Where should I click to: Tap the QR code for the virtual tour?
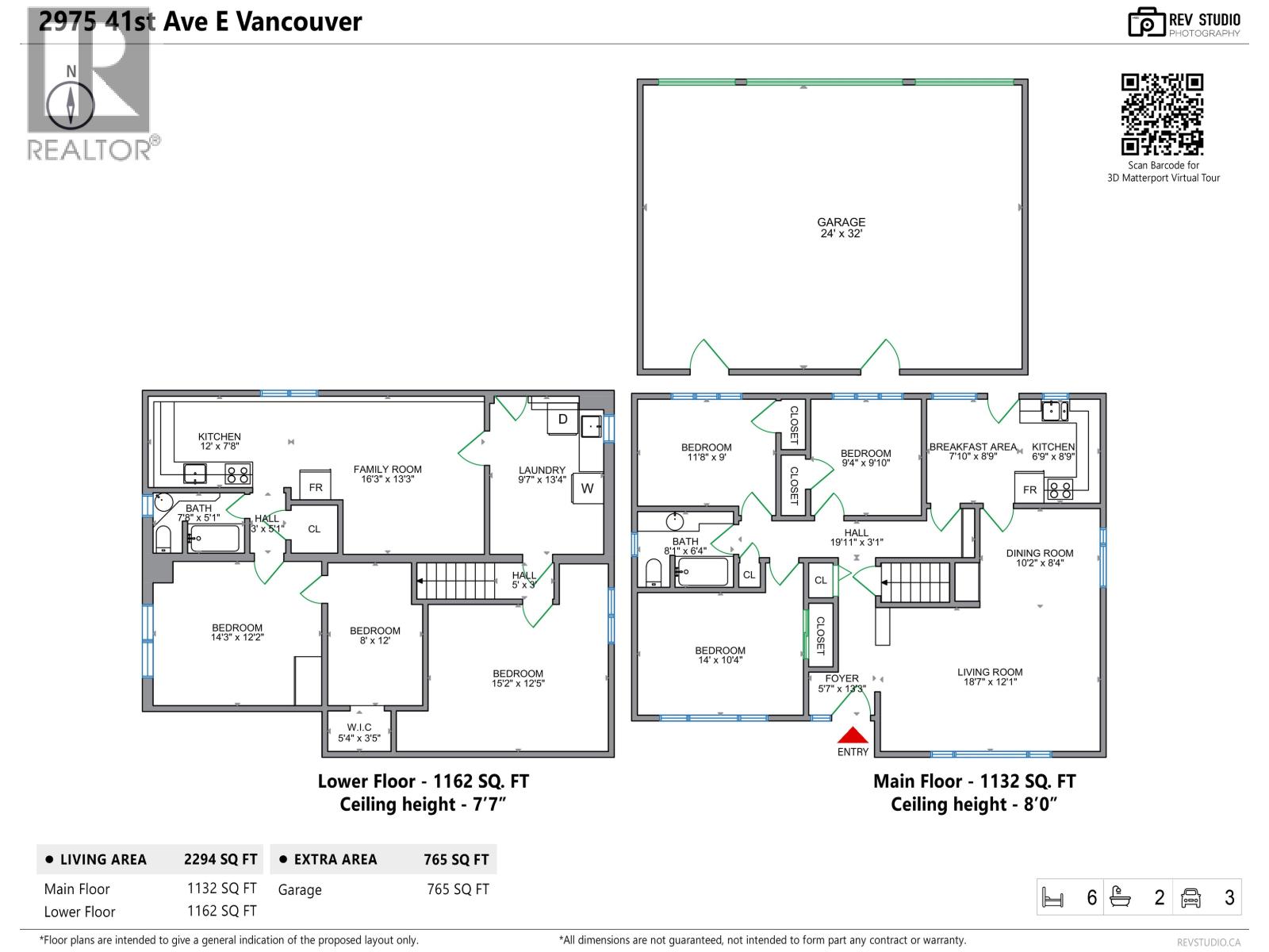(x=1162, y=114)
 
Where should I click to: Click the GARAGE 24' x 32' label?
(x=842, y=228)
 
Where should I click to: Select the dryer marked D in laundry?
(x=563, y=420)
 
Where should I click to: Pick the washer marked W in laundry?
(x=587, y=488)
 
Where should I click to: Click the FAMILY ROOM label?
(x=388, y=474)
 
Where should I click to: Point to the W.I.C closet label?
(x=358, y=732)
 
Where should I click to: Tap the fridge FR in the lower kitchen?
(x=316, y=486)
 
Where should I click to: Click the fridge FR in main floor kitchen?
(x=1029, y=489)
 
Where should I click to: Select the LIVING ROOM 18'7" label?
(x=990, y=677)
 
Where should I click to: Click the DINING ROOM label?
(x=1040, y=558)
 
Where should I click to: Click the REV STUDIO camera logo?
(x=1145, y=22)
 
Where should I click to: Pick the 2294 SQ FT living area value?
(x=220, y=859)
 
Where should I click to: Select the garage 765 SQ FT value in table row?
(x=458, y=889)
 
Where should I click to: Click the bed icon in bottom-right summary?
(x=1052, y=898)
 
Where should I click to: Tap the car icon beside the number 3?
(x=1190, y=898)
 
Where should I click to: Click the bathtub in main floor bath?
(x=703, y=571)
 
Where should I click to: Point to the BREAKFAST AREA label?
(x=972, y=451)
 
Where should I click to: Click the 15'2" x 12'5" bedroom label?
(x=518, y=678)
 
